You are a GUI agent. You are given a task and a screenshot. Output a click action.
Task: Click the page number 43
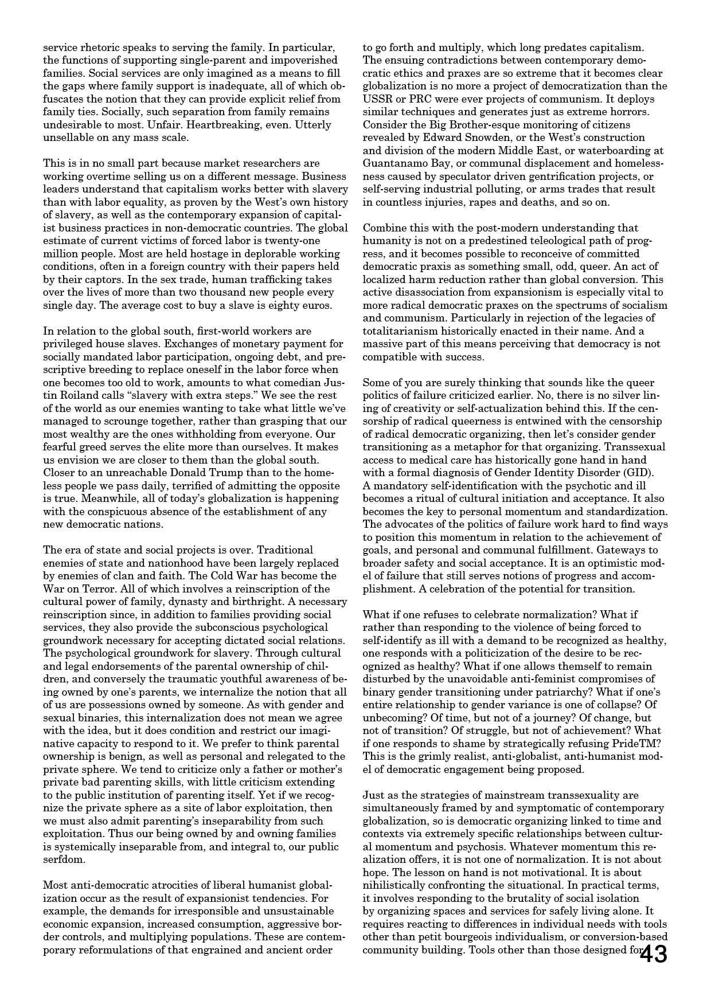[x=654, y=955]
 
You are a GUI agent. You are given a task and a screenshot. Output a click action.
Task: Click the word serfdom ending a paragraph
[x=64, y=859]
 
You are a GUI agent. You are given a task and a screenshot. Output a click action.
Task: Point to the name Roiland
[x=61, y=395]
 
